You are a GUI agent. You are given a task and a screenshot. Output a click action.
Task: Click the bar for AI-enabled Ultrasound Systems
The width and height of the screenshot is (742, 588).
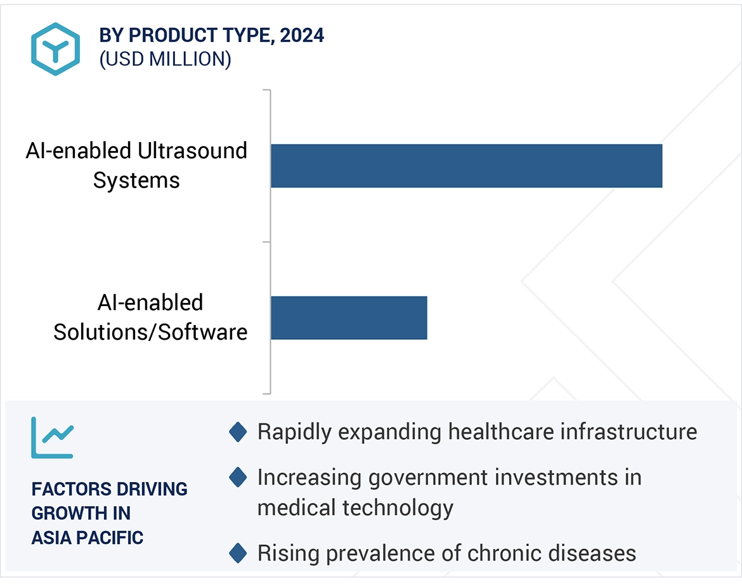pos(466,166)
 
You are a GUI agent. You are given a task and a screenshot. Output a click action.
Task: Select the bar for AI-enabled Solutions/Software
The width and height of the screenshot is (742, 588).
pos(349,317)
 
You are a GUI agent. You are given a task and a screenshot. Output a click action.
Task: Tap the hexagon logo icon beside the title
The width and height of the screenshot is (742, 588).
pos(56,49)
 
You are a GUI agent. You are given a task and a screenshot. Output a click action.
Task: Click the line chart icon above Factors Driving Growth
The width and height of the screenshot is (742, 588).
pos(53,438)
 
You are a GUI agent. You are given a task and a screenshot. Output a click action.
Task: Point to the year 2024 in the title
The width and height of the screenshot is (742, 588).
pos(302,36)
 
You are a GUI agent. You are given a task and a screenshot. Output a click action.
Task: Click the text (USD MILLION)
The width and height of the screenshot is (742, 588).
pos(165,59)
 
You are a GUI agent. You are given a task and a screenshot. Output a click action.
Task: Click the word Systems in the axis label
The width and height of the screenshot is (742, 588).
pos(136,180)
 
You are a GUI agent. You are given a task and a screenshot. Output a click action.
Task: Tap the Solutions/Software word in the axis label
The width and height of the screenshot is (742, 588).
pos(150,332)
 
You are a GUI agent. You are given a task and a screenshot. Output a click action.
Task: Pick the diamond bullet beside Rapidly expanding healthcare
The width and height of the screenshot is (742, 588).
pos(238,433)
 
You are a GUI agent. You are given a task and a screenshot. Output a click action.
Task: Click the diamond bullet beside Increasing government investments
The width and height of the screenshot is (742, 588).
pos(238,477)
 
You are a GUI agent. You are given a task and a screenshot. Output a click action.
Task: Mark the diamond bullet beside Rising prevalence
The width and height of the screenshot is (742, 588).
pos(238,553)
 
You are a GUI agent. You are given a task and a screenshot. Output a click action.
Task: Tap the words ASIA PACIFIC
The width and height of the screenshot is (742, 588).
pos(88,538)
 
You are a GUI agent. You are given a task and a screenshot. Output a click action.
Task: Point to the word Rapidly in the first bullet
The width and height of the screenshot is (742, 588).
pos(294,432)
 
